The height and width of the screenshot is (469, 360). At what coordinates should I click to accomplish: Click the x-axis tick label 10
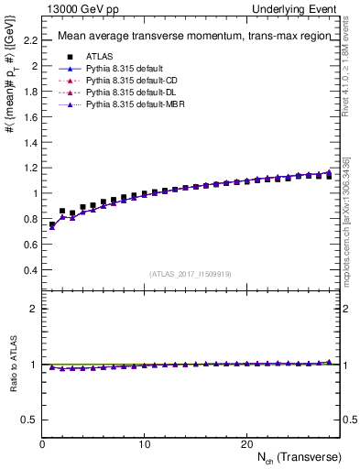[144, 443]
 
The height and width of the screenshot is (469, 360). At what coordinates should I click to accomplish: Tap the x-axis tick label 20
[246, 443]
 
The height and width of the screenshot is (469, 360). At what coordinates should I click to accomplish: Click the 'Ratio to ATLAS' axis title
[12, 365]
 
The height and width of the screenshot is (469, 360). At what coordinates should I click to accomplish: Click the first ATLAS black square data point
[52, 224]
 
